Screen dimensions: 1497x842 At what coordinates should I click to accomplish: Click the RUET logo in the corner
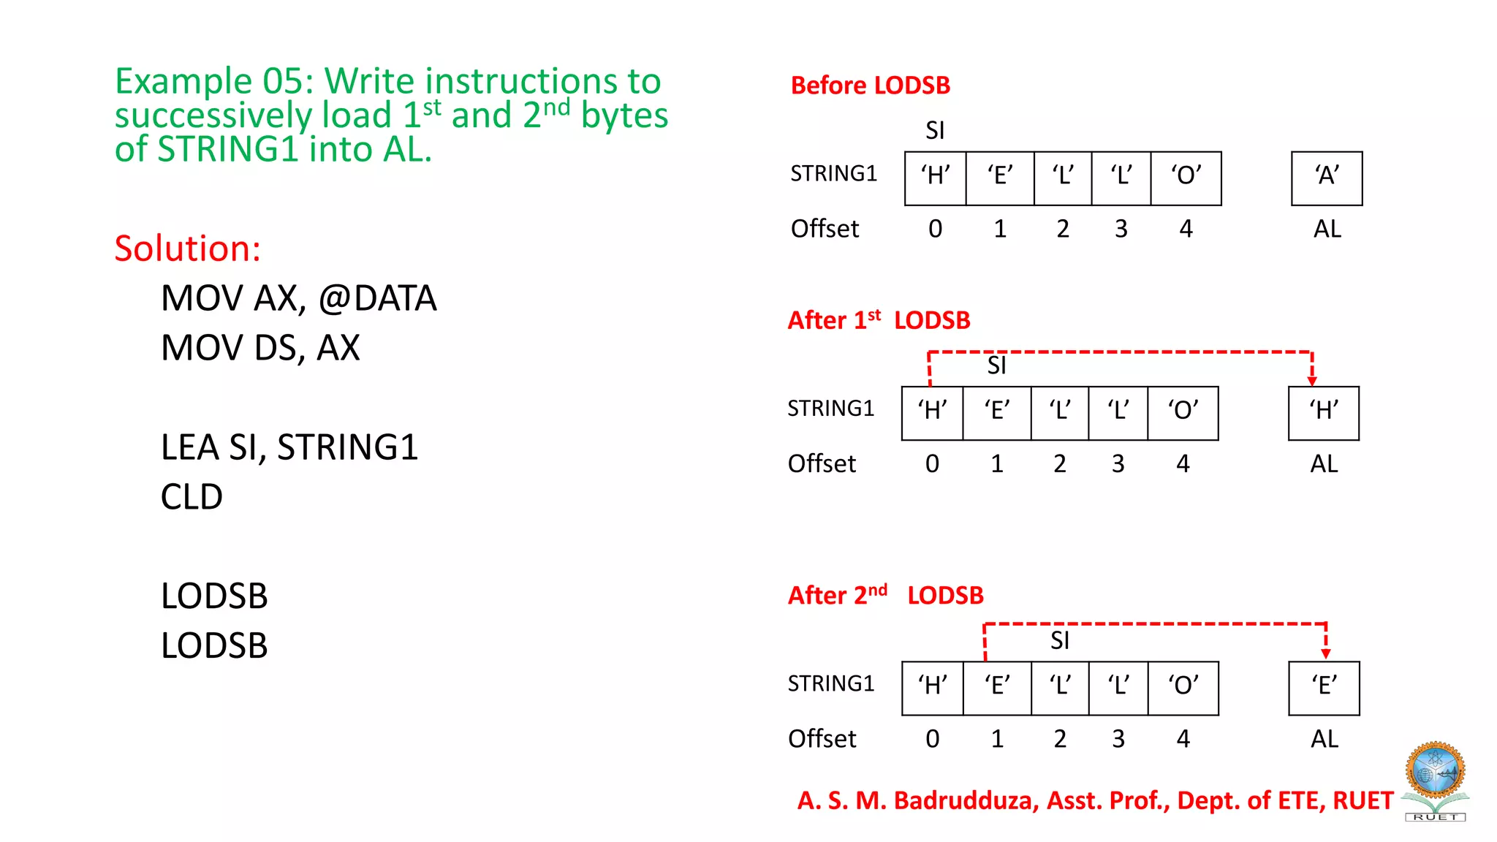point(1436,781)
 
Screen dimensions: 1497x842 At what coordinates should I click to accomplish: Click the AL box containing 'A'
point(1327,178)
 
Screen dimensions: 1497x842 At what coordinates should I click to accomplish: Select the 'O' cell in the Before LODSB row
point(1186,178)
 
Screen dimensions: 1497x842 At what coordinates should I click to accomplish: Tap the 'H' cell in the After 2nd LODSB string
point(933,688)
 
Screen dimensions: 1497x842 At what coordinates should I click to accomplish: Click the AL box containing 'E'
point(1324,688)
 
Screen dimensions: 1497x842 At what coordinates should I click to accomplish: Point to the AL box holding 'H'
point(1324,413)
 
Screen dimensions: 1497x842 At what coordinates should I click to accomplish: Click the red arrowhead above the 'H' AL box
point(1312,380)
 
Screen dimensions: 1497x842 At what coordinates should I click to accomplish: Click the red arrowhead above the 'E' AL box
point(1326,653)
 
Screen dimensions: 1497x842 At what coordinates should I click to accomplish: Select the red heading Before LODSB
point(870,86)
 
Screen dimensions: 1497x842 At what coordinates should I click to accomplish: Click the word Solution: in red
point(188,249)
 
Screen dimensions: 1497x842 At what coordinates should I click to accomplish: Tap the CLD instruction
point(192,497)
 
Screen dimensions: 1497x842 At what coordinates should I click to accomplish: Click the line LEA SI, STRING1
point(289,447)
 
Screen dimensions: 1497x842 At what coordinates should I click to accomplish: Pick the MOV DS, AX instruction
point(260,348)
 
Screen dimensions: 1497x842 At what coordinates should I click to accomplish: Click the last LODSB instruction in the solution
point(214,646)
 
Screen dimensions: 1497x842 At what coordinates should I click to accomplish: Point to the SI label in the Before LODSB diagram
point(935,131)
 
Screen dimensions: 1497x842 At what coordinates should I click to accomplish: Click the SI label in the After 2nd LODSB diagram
point(1059,641)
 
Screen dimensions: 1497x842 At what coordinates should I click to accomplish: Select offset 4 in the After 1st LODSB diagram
point(1183,464)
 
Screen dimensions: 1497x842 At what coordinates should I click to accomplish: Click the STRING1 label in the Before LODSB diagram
point(833,174)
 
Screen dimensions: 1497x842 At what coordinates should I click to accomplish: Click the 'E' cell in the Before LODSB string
point(1000,178)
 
